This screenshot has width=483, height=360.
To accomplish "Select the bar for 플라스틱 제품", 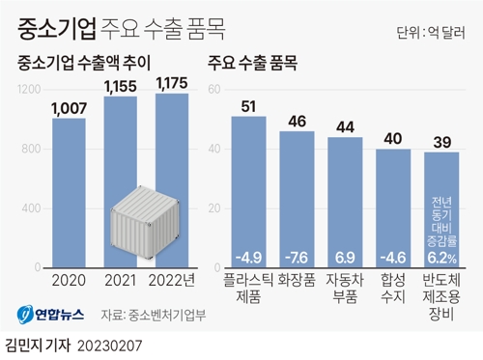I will (255, 193).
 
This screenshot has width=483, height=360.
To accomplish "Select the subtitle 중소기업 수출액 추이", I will (95, 66).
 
